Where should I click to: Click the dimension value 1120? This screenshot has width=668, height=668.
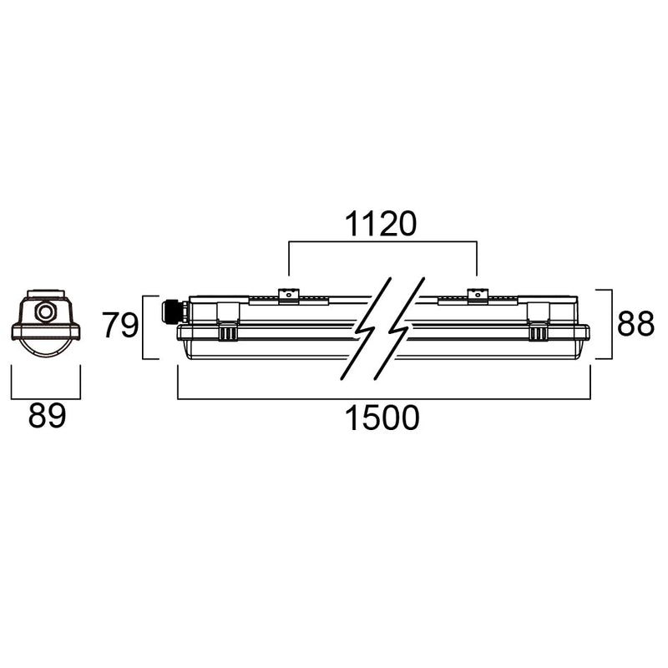pyautogui.click(x=382, y=224)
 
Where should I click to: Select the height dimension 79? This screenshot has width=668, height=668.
pyautogui.click(x=119, y=326)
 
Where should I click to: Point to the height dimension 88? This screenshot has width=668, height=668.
pyautogui.click(x=635, y=324)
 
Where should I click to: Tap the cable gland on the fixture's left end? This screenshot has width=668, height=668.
pyautogui.click(x=173, y=311)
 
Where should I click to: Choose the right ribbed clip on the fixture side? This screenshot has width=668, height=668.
pyautogui.click(x=539, y=333)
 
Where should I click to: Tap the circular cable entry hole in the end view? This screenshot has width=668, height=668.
pyautogui.click(x=45, y=313)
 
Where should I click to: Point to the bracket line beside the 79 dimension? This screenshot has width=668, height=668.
pyautogui.click(x=145, y=326)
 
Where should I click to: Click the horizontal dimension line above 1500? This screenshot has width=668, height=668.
pyautogui.click(x=383, y=398)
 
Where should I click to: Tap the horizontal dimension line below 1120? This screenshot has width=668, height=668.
pyautogui.click(x=382, y=242)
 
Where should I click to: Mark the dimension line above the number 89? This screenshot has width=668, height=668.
pyautogui.click(x=45, y=398)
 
